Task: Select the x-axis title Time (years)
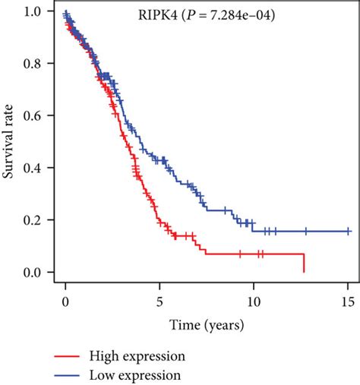(207, 326)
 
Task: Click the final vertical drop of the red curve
(304, 263)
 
